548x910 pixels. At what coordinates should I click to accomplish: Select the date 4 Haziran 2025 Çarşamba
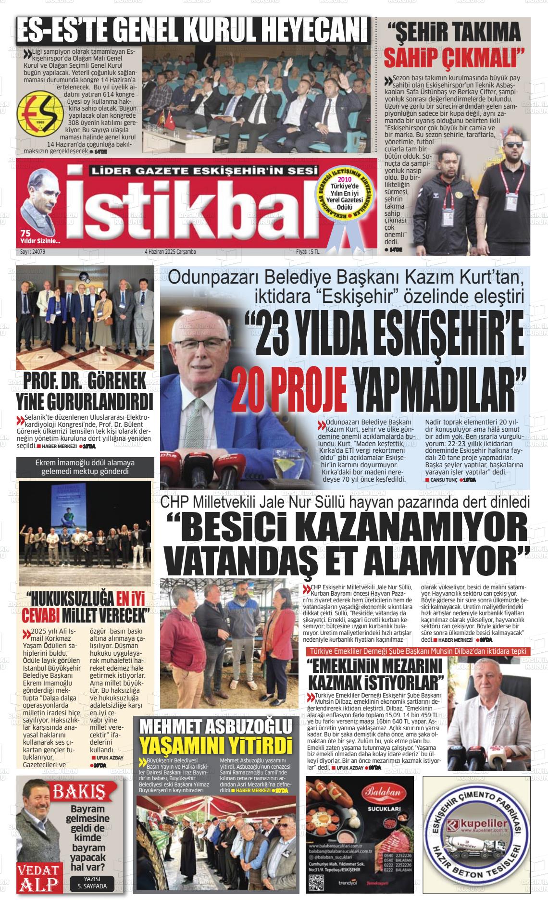coord(170,251)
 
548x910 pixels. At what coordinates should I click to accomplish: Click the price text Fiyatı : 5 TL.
coord(308,251)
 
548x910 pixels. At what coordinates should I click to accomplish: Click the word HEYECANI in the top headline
coord(313,31)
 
